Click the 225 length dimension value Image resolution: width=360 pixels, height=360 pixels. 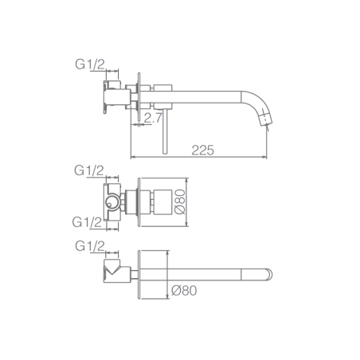(203, 151)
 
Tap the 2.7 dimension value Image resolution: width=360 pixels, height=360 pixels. (153, 118)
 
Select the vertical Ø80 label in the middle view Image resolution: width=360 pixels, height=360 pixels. (180, 202)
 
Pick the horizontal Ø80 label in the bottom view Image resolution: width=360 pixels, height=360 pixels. (184, 291)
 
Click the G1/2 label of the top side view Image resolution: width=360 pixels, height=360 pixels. (90, 65)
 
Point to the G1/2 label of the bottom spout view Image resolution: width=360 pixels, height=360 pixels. (90, 246)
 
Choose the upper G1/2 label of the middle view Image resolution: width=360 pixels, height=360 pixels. (89, 170)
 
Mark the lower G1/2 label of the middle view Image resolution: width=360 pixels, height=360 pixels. (87, 222)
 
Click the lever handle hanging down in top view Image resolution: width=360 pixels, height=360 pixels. (165, 131)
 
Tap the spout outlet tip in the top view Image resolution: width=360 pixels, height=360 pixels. (266, 119)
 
